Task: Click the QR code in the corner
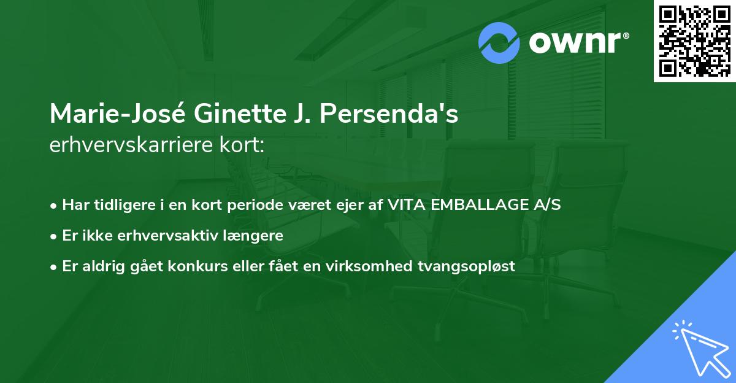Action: click(694, 41)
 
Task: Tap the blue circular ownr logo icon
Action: click(499, 42)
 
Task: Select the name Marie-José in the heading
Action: click(108, 114)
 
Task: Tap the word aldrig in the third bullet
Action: click(98, 266)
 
